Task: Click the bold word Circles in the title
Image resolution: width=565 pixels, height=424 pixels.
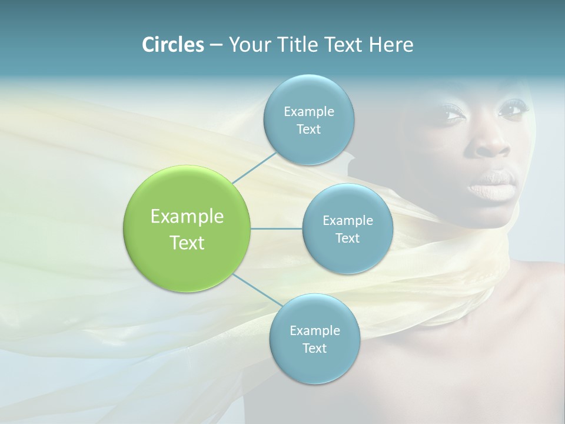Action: tap(172, 45)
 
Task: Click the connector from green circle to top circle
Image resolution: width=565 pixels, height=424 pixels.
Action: tap(255, 167)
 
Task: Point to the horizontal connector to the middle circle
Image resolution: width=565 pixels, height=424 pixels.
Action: tap(277, 228)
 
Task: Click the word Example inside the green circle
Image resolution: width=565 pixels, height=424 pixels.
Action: tap(187, 217)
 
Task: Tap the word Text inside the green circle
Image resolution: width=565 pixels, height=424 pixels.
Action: tap(187, 243)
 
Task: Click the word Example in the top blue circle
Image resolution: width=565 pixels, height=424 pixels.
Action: tap(308, 111)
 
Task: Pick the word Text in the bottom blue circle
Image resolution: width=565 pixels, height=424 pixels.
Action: tap(314, 348)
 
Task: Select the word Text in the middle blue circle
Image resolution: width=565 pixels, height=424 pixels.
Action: tap(347, 238)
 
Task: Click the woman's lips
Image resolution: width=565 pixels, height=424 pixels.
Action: tap(491, 188)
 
